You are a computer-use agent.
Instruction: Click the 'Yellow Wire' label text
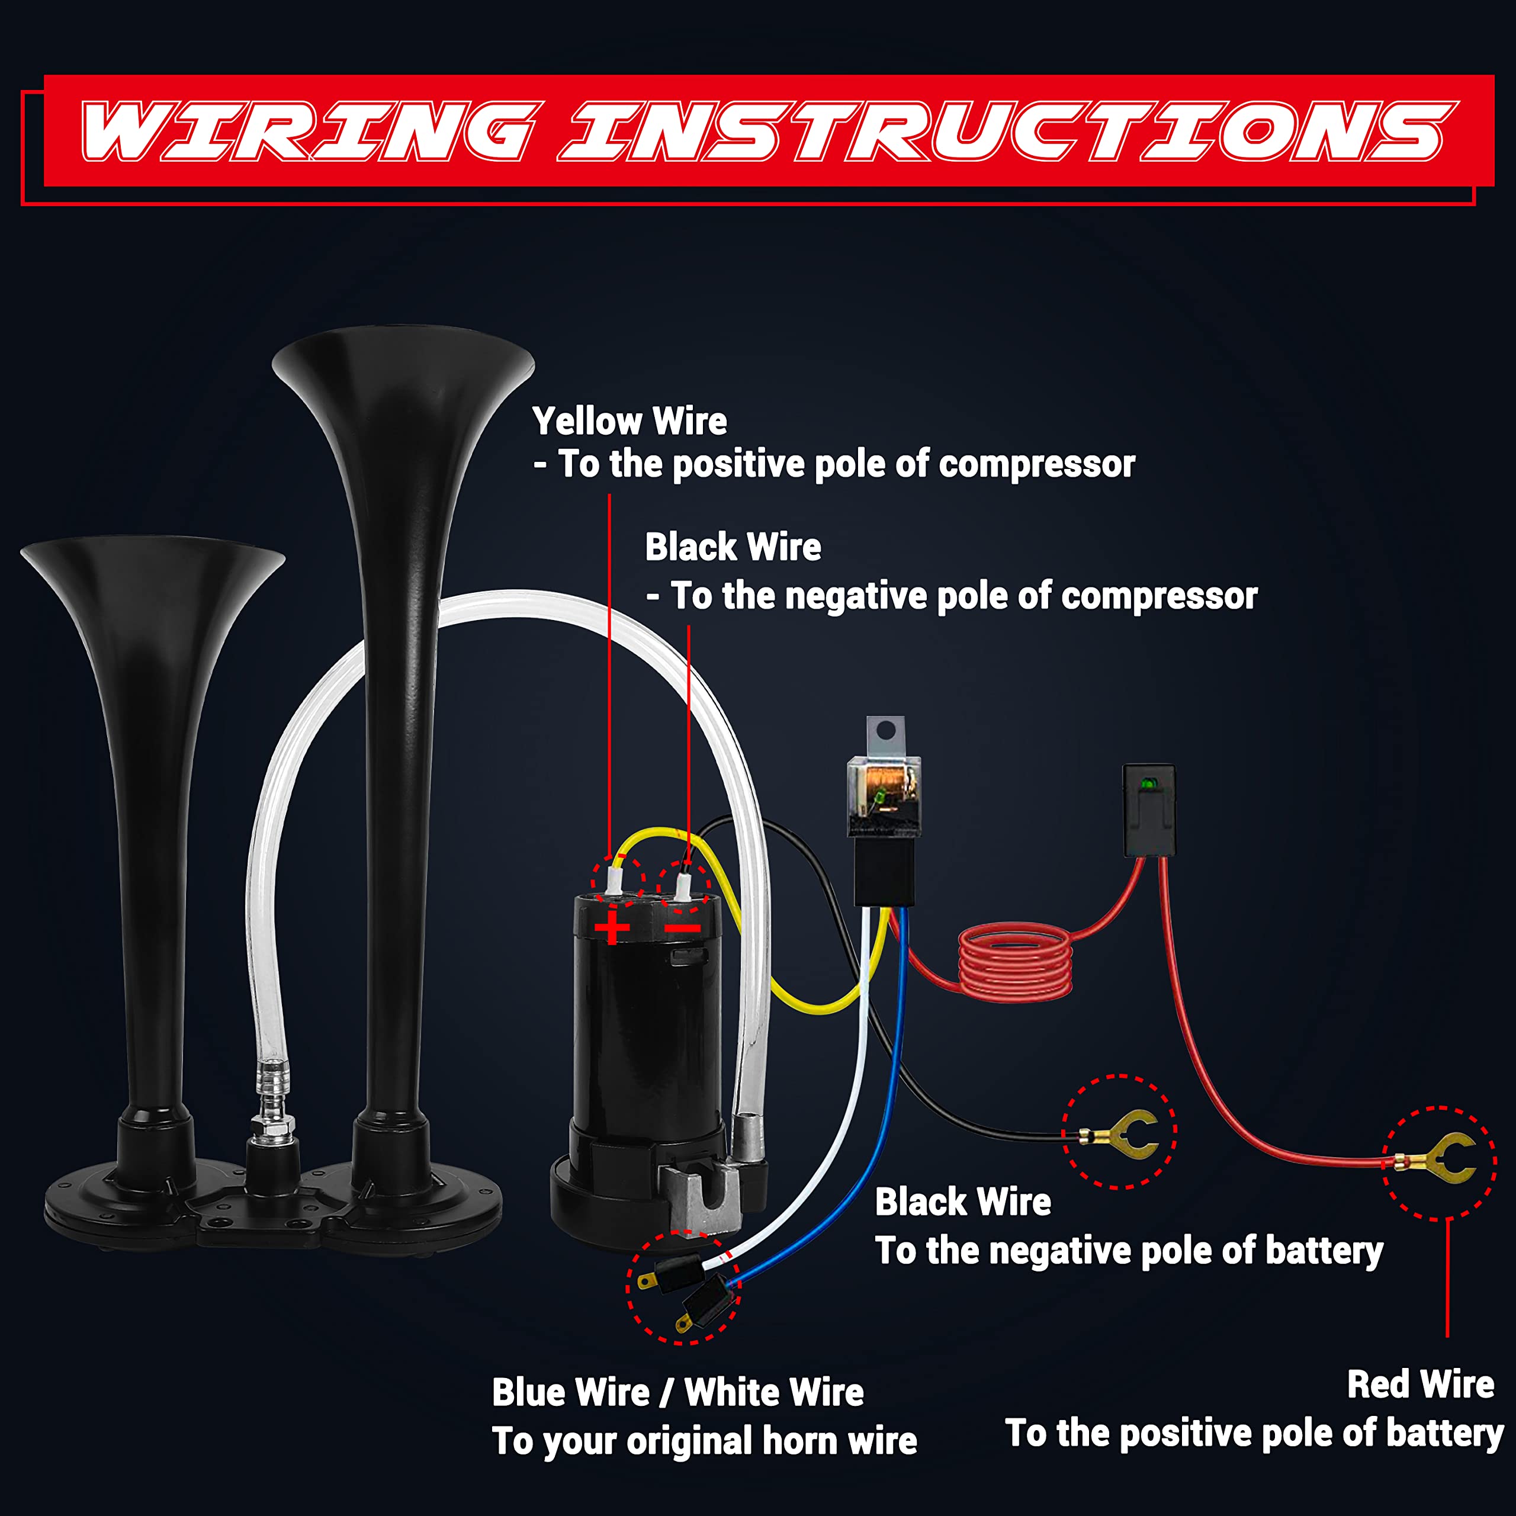click(x=629, y=422)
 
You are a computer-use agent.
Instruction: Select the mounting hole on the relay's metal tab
click(x=886, y=731)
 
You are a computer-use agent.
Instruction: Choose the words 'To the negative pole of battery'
click(x=1128, y=1251)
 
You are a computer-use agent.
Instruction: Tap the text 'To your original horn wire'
click(x=704, y=1442)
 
